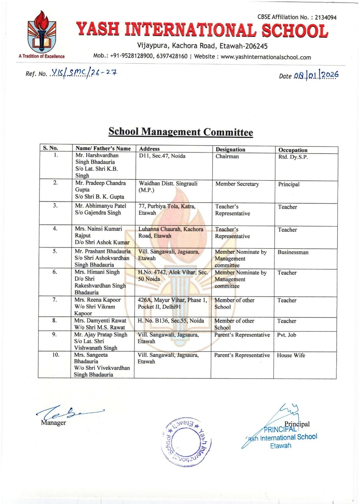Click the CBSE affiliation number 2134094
pos(326,18)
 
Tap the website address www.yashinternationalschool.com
pos(266,57)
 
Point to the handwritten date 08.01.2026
pos(316,75)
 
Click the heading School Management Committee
pos(180,132)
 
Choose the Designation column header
pos(230,150)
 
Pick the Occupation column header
pos(293,150)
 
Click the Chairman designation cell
pos(227,157)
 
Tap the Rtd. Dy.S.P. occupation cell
pos(293,157)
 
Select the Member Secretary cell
pos(237,184)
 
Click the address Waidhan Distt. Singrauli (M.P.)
pos(168,187)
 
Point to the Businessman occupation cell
pos(293,252)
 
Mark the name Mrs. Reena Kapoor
pos(98,300)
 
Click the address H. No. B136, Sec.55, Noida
pos(171,321)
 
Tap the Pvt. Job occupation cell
pos(286,335)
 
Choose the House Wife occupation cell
pos(291,355)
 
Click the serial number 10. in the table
pos(56,355)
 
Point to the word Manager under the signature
pos(53,423)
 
